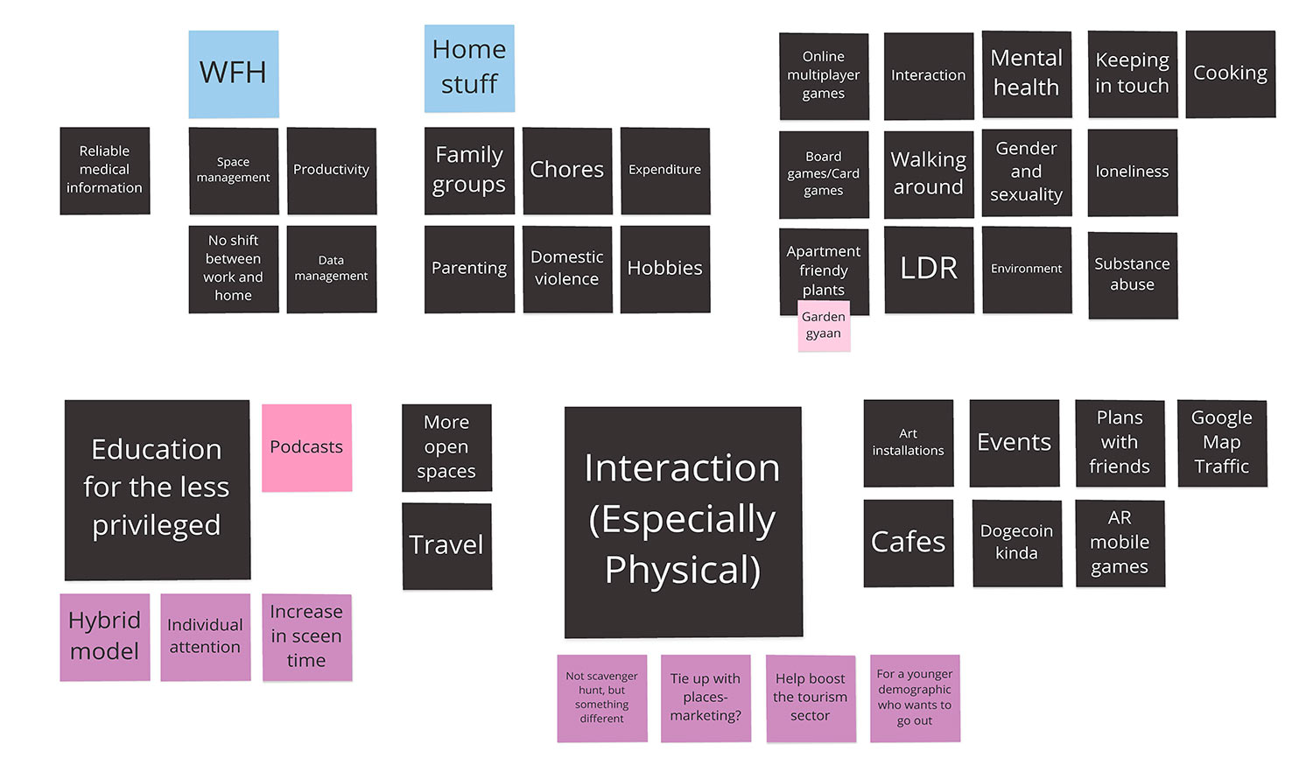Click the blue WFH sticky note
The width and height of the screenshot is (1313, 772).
click(x=234, y=74)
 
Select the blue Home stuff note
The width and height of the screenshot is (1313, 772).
click(x=469, y=68)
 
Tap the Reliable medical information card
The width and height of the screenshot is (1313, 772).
click(x=105, y=170)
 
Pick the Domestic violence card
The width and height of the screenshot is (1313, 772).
click(x=567, y=269)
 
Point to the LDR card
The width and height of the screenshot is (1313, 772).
click(x=929, y=269)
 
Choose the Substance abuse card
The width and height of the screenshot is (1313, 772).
click(x=1132, y=275)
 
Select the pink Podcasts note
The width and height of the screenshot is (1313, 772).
click(x=306, y=447)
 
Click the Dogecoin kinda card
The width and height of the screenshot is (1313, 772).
click(x=1016, y=543)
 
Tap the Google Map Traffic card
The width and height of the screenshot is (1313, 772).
click(x=1222, y=443)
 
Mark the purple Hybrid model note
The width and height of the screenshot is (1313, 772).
click(x=105, y=636)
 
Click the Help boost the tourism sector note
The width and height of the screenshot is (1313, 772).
click(x=811, y=698)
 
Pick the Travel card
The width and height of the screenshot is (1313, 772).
click(x=446, y=545)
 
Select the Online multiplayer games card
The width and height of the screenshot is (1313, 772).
click(x=824, y=75)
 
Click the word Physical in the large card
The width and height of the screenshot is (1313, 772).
click(x=683, y=570)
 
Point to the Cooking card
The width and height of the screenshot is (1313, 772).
click(x=1230, y=74)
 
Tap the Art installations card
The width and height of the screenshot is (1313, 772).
click(x=909, y=443)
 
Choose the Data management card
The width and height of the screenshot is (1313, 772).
click(x=331, y=269)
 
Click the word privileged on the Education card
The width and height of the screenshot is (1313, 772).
click(x=157, y=525)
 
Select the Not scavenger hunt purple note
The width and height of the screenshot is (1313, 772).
click(x=602, y=698)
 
